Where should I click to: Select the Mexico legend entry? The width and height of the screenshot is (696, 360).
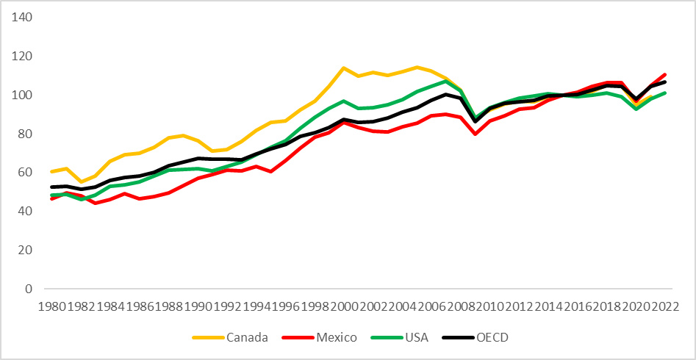coord(337,337)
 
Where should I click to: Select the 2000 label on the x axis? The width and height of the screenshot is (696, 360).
coord(343,304)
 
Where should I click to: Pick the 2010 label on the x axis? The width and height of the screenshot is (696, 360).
coord(489,304)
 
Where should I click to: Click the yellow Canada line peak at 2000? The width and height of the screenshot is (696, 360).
coord(343,68)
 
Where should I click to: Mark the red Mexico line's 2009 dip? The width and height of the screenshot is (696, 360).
coord(475,134)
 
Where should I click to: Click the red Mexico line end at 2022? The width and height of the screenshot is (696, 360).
coord(664,74)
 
